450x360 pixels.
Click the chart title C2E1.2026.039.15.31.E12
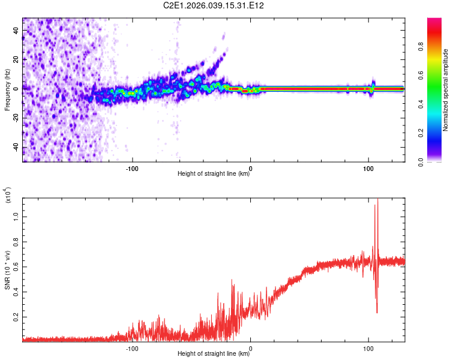pyautogui.click(x=214, y=5)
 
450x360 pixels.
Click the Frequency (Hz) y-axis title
pyautogui.click(x=7, y=90)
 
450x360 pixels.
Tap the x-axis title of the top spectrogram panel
pyautogui.click(x=214, y=175)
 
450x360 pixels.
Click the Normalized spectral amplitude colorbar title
pyautogui.click(x=446, y=90)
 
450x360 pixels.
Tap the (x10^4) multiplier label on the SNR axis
pyautogui.click(x=7, y=196)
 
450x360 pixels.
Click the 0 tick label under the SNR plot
pyautogui.click(x=251, y=347)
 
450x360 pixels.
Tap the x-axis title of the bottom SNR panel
pyautogui.click(x=214, y=354)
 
